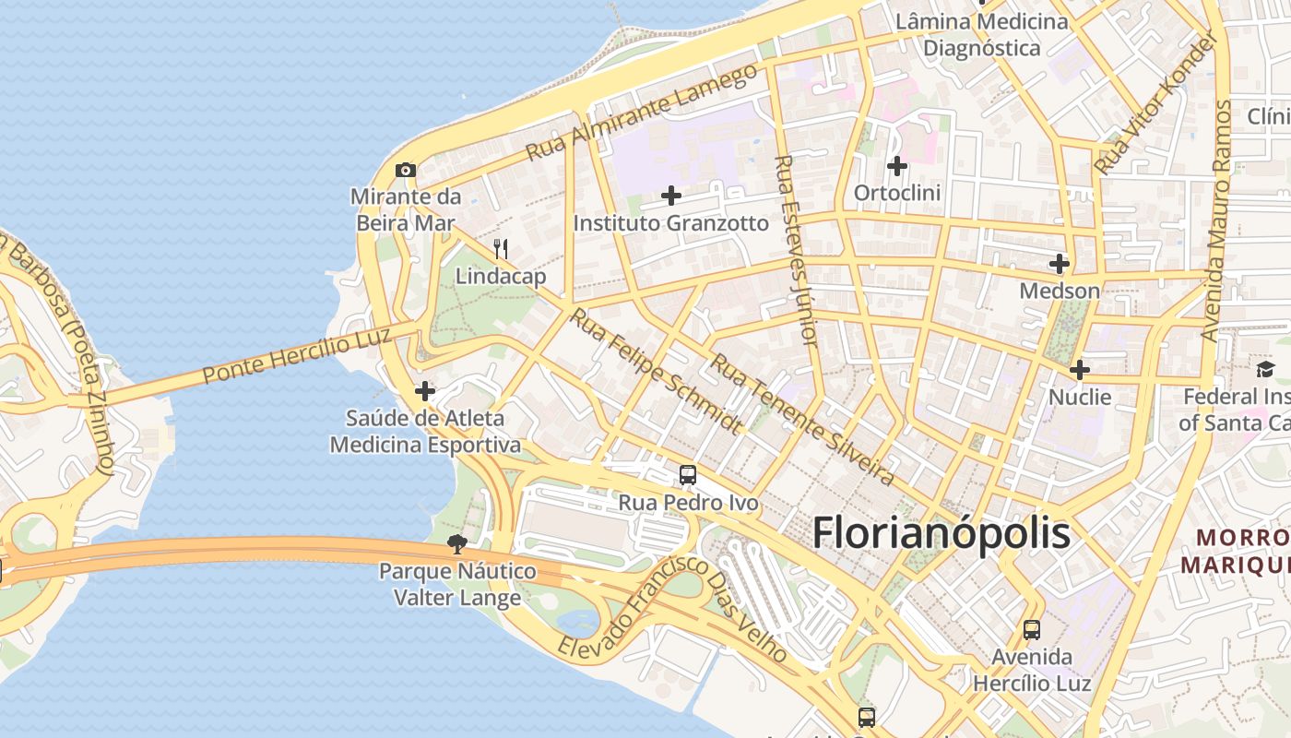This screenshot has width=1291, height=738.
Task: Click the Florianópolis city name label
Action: click(941, 534)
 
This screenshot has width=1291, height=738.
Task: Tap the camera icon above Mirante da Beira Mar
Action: click(405, 170)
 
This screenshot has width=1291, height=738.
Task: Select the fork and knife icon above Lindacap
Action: click(501, 248)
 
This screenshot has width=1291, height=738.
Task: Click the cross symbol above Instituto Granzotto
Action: click(671, 196)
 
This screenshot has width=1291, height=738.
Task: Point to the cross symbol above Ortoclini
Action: click(896, 166)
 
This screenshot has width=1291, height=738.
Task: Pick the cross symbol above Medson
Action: click(1059, 264)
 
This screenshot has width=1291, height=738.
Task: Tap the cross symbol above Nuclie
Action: click(1079, 371)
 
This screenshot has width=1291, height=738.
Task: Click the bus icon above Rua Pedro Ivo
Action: click(688, 475)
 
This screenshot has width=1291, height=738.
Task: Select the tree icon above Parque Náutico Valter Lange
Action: click(456, 543)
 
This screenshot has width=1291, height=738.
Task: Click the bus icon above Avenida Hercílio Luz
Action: click(1032, 630)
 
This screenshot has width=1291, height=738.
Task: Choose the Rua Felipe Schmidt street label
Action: click(656, 370)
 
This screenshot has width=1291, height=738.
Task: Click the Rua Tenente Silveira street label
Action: click(801, 420)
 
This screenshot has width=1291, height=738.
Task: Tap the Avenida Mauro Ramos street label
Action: click(1216, 221)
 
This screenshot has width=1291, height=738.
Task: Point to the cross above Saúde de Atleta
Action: click(424, 391)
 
